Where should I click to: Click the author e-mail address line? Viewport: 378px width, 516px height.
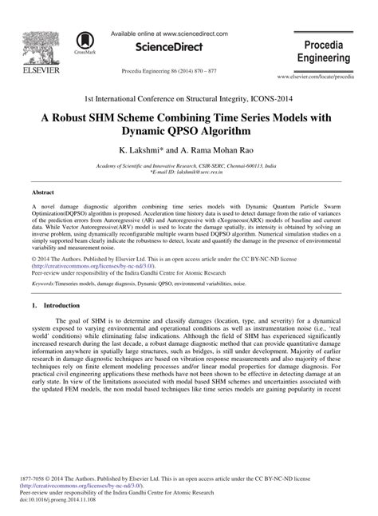pyautogui.click(x=188, y=172)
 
